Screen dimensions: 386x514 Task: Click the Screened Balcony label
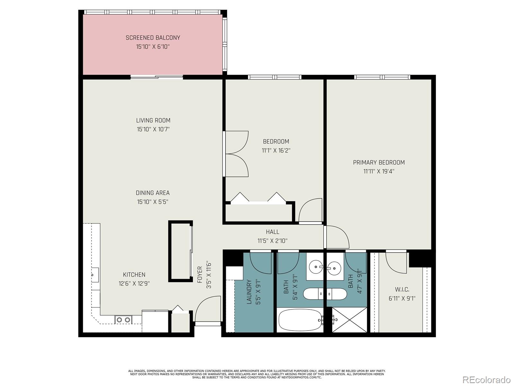click(x=153, y=38)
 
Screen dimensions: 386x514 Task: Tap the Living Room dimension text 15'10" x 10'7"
click(x=153, y=129)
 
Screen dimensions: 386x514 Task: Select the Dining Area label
click(x=153, y=193)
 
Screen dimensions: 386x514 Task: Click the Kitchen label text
click(x=134, y=274)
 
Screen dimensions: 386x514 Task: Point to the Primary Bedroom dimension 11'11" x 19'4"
click(x=379, y=171)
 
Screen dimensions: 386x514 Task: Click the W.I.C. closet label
click(x=402, y=289)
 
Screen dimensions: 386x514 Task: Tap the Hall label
click(x=272, y=232)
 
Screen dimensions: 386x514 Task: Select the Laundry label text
click(x=249, y=292)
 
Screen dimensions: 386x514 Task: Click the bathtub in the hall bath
click(x=300, y=320)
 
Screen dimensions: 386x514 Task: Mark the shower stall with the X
click(x=349, y=320)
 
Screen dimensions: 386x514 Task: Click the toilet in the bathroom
click(x=325, y=294)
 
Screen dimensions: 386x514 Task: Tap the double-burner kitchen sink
click(x=123, y=319)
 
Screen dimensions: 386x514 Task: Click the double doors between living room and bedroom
click(x=236, y=154)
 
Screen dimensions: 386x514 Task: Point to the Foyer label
click(x=200, y=274)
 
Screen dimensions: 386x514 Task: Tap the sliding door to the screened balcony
click(x=157, y=77)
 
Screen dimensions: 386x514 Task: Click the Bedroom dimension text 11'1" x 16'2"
click(x=276, y=150)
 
